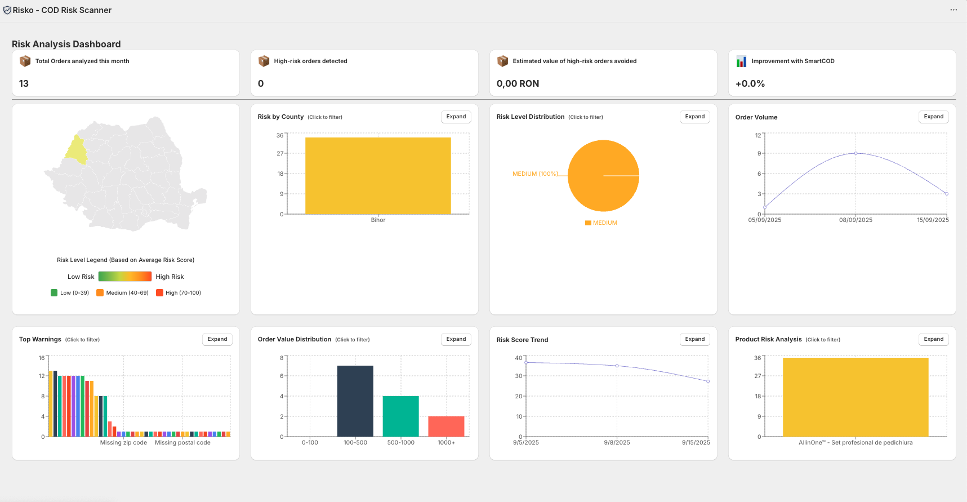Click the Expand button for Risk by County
pyautogui.click(x=456, y=117)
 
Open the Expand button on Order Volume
pyautogui.click(x=933, y=117)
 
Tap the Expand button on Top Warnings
pyautogui.click(x=217, y=339)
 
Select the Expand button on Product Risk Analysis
pyautogui.click(x=933, y=339)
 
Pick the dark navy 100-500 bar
pyautogui.click(x=355, y=401)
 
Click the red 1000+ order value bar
pyautogui.click(x=446, y=426)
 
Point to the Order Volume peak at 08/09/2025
pyautogui.click(x=855, y=153)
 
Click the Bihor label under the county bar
pyautogui.click(x=378, y=220)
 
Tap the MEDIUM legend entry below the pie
pyautogui.click(x=601, y=223)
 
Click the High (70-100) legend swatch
pyautogui.click(x=160, y=293)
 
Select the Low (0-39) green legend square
pyautogui.click(x=54, y=293)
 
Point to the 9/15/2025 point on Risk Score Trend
pyautogui.click(x=708, y=381)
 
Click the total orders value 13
pyautogui.click(x=24, y=83)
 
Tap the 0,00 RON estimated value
pyautogui.click(x=518, y=83)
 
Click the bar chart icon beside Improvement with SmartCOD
pyautogui.click(x=741, y=61)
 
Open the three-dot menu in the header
pyautogui.click(x=953, y=10)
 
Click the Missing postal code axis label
pyautogui.click(x=182, y=443)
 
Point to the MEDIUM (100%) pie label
pyautogui.click(x=535, y=174)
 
